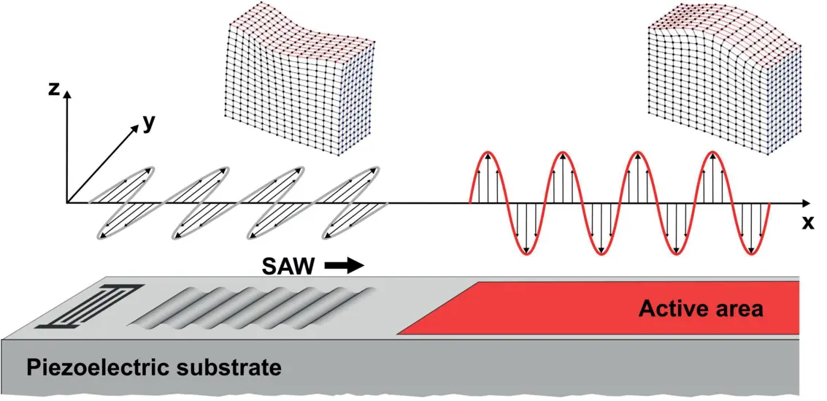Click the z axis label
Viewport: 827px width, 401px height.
coord(53,89)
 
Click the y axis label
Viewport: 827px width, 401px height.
coord(149,123)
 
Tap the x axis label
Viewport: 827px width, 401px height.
coord(807,224)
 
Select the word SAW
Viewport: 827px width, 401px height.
coord(289,267)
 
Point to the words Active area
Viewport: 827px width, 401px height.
coord(701,309)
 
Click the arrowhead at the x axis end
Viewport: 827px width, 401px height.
coord(806,202)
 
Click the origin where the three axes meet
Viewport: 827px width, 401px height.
coord(67,202)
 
